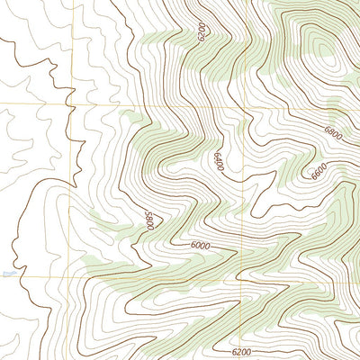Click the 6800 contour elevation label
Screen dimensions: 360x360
[333, 133]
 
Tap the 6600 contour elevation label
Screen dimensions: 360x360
[319, 172]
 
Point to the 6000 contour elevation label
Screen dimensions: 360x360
[200, 246]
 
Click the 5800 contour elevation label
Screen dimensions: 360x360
[149, 220]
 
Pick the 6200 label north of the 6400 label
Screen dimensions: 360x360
[201, 33]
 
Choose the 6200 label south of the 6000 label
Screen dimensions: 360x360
[241, 352]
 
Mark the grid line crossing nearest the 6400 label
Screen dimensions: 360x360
[244, 105]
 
